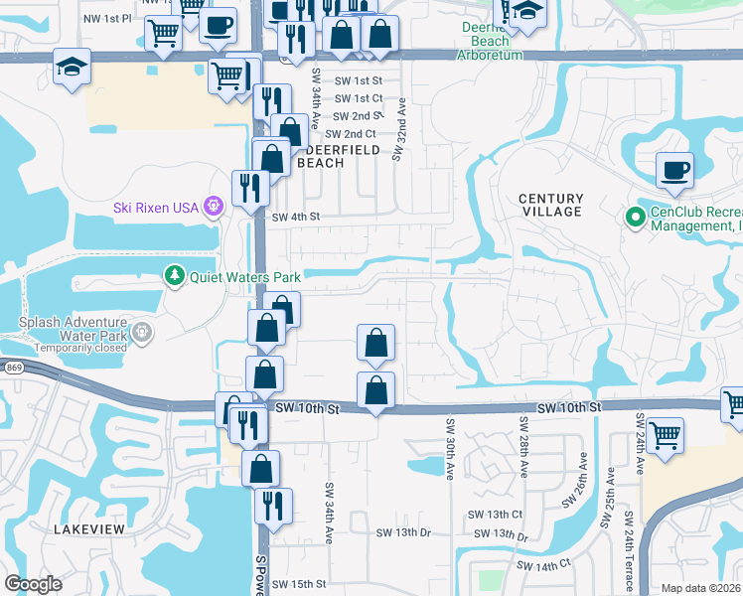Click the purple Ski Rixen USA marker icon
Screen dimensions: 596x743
(213, 207)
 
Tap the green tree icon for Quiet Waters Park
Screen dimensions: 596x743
(175, 275)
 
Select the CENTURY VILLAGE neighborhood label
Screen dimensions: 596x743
(550, 205)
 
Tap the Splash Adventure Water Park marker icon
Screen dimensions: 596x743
(142, 331)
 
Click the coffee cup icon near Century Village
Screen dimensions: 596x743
(675, 169)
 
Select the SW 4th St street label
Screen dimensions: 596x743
(297, 217)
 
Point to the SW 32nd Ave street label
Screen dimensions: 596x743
(400, 129)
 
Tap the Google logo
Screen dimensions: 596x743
(34, 583)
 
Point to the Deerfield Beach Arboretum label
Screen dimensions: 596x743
(486, 41)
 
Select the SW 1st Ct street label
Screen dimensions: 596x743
(359, 98)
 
